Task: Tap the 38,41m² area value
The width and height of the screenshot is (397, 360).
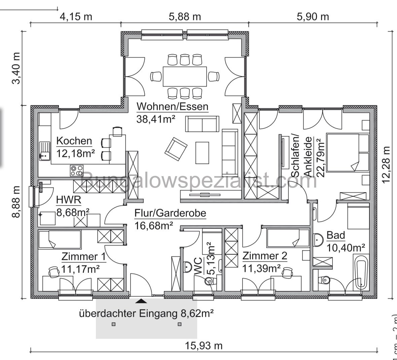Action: [x=156, y=119]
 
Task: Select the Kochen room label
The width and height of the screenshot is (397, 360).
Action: [x=74, y=141]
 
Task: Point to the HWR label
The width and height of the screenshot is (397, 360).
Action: [x=69, y=200]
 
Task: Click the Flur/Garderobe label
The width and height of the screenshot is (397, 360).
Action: [x=170, y=213]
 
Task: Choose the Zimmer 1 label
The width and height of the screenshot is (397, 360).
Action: [x=83, y=257]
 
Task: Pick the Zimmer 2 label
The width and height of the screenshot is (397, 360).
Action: [x=265, y=256]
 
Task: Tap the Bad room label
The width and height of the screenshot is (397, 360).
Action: [x=336, y=235]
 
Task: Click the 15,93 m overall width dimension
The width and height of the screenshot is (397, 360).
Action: [x=204, y=346]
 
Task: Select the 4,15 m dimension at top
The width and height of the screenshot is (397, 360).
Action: [x=76, y=16]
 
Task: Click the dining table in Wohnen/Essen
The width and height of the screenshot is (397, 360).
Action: [x=185, y=76]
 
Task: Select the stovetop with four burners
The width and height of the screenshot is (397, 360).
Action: [x=77, y=170]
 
